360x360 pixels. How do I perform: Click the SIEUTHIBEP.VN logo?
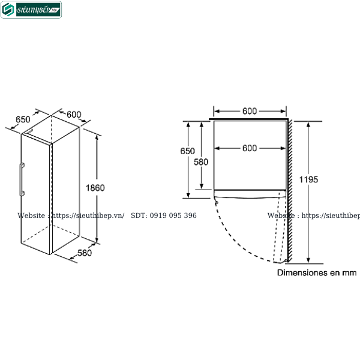[31, 10]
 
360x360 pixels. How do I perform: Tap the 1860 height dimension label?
[95, 188]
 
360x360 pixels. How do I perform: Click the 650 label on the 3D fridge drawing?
[23, 119]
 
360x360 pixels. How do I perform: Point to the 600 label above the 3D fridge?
[74, 115]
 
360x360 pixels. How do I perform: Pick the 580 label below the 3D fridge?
[85, 253]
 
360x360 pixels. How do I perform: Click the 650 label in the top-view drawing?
[187, 151]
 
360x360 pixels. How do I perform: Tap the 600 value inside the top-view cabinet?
[250, 148]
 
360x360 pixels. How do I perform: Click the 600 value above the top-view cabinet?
[250, 111]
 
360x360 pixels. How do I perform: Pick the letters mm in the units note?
[350, 272]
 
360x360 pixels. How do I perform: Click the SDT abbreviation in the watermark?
[139, 215]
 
